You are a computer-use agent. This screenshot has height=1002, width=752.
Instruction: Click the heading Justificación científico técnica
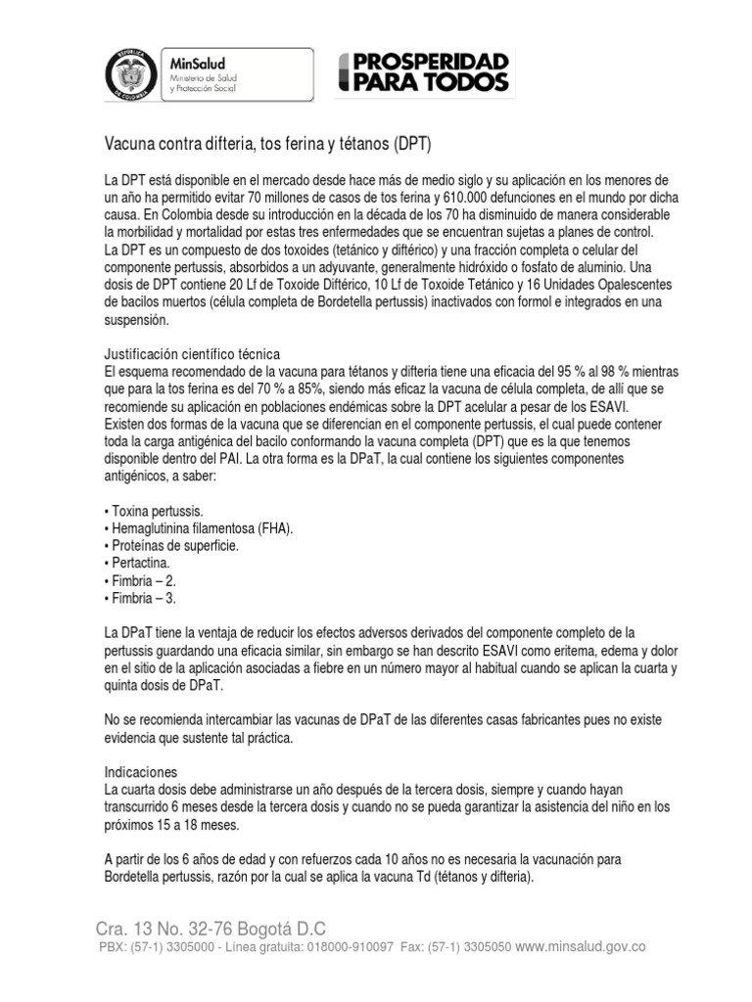click(192, 353)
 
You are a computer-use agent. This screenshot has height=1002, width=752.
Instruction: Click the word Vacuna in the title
click(131, 145)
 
